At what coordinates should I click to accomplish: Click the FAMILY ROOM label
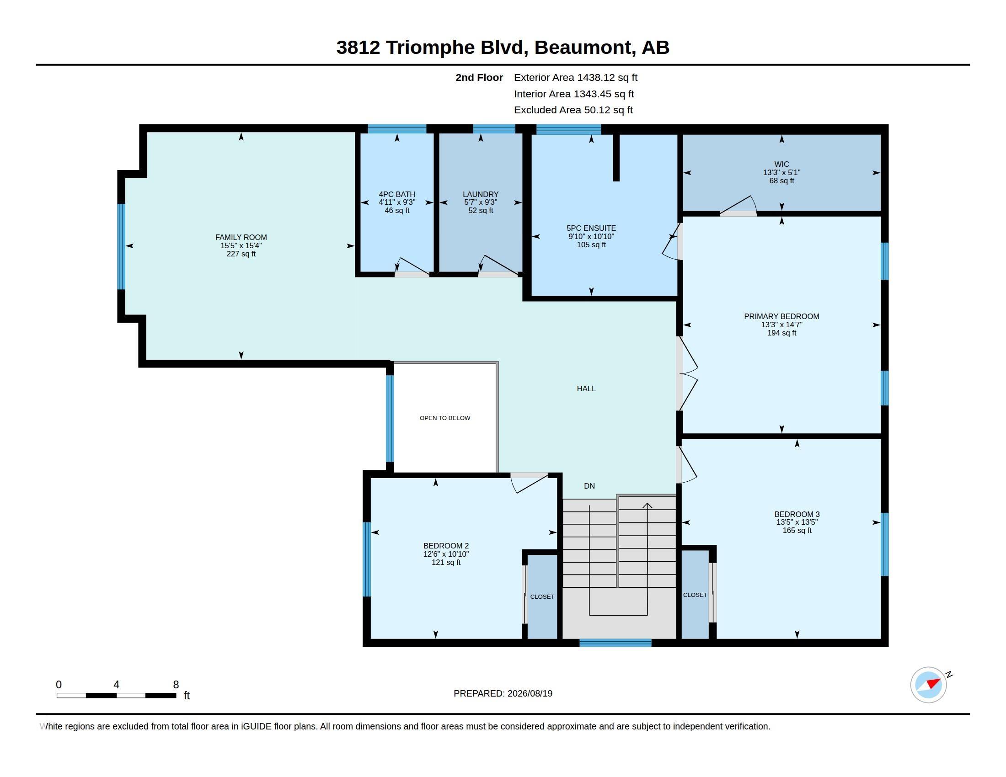click(x=241, y=237)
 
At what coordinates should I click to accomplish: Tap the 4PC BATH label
click(x=397, y=194)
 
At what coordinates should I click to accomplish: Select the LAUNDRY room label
click(x=481, y=194)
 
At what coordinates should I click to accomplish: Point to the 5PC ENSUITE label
click(x=591, y=228)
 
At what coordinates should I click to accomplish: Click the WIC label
click(x=781, y=164)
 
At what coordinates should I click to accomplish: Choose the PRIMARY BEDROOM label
click(x=781, y=316)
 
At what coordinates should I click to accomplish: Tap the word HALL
click(x=586, y=388)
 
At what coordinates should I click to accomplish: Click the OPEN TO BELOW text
click(x=445, y=418)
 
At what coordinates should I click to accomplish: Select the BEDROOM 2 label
click(x=446, y=546)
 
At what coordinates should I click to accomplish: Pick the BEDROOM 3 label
click(x=797, y=514)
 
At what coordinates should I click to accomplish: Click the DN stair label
click(x=589, y=485)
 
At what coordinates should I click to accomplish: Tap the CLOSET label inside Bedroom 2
click(x=542, y=596)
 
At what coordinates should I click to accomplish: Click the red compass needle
click(x=933, y=683)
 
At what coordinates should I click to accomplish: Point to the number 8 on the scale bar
click(x=176, y=685)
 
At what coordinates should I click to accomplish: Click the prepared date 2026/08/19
click(x=530, y=693)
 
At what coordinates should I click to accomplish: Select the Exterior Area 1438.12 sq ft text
click(x=575, y=77)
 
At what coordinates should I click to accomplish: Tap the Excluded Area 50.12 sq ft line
click(x=573, y=110)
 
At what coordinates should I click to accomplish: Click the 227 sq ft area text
click(x=241, y=254)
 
